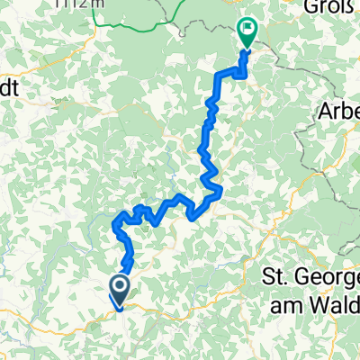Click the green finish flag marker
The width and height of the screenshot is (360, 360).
[247, 33]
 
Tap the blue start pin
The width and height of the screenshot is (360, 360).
[119, 291]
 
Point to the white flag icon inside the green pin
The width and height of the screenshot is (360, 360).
[247, 29]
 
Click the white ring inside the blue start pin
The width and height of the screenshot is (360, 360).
[119, 287]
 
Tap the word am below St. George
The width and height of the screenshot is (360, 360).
[285, 304]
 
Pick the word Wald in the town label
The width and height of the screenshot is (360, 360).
[333, 304]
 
